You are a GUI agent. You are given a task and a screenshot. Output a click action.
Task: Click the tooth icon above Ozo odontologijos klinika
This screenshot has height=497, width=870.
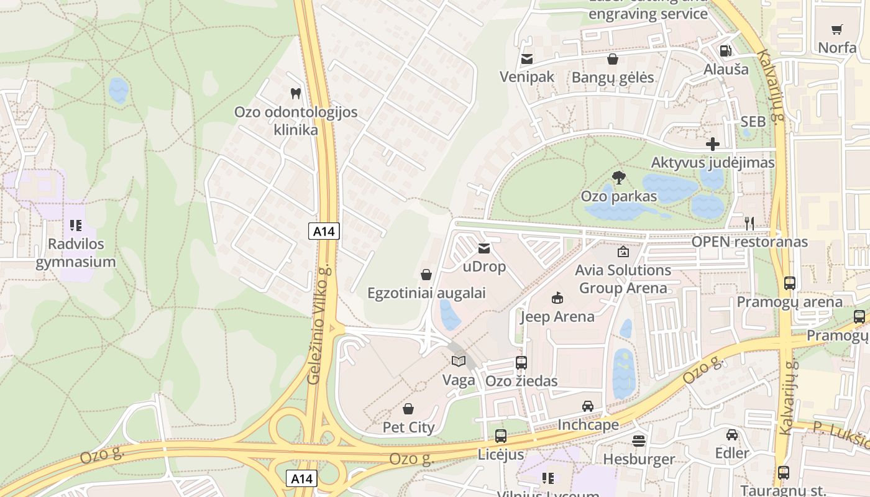point(296,94)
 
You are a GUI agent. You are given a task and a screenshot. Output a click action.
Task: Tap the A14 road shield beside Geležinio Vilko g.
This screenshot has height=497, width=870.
point(324,232)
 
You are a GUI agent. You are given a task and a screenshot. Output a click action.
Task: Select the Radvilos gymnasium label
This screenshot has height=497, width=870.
point(76,253)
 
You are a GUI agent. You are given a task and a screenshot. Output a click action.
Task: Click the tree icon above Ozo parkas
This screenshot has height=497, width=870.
point(618,178)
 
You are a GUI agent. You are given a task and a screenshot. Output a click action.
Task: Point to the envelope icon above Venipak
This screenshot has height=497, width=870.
point(527,59)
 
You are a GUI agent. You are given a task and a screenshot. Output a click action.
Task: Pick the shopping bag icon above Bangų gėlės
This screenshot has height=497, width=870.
point(613,59)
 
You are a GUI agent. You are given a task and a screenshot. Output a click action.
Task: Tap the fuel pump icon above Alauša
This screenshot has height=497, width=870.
point(725,51)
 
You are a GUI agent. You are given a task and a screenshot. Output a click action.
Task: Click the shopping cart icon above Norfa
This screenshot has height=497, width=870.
point(837,29)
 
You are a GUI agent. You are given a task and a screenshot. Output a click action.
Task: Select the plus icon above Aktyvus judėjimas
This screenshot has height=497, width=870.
point(713,144)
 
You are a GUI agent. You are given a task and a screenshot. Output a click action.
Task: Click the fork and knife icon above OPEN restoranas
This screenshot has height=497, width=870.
point(749,223)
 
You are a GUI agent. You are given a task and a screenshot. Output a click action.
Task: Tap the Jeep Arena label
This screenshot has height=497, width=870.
point(557,317)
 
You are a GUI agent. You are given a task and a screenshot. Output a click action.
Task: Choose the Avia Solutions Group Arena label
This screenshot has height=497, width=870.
point(623,279)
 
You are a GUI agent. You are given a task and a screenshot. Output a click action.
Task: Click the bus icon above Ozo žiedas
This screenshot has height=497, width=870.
point(521,362)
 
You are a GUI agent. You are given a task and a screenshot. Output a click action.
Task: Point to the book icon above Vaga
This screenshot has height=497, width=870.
point(459,361)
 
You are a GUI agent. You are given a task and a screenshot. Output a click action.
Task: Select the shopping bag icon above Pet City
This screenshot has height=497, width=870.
point(408,409)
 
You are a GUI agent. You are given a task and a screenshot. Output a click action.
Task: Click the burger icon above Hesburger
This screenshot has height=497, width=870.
point(639,440)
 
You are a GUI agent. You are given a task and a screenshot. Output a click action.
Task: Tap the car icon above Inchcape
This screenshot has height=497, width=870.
point(588,406)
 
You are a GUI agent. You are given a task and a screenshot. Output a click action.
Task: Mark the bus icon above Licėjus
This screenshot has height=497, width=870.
point(501,436)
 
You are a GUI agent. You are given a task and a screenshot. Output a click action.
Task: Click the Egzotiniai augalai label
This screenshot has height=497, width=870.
point(426,293)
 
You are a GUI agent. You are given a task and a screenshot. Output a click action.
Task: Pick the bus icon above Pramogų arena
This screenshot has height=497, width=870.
point(789,283)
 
